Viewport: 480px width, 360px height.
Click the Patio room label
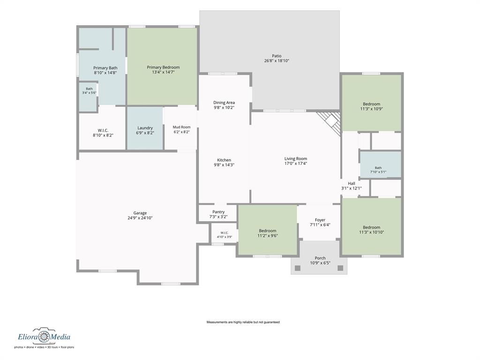pos(277,56)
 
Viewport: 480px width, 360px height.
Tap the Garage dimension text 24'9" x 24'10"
pos(140,218)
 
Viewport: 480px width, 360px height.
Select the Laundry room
pos(145,128)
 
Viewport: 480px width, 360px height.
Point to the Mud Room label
pos(181,127)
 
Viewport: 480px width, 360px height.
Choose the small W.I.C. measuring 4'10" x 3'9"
pos(225,234)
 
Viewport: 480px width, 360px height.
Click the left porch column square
pos(298,268)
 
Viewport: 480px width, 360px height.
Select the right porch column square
pos(340,268)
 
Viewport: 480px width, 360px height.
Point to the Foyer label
pos(320,220)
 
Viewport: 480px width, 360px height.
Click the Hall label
pos(352,183)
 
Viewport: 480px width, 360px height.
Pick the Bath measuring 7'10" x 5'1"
pos(381,165)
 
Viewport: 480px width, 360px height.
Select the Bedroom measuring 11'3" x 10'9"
pos(371,103)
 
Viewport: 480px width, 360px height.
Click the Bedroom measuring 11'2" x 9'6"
pos(268,230)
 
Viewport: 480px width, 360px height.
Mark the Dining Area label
pos(224,103)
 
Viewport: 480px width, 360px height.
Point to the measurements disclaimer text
pos(243,322)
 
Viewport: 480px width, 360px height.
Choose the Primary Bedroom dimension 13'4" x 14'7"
pos(163,72)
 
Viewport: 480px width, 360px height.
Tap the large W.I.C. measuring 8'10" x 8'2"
pos(103,128)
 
